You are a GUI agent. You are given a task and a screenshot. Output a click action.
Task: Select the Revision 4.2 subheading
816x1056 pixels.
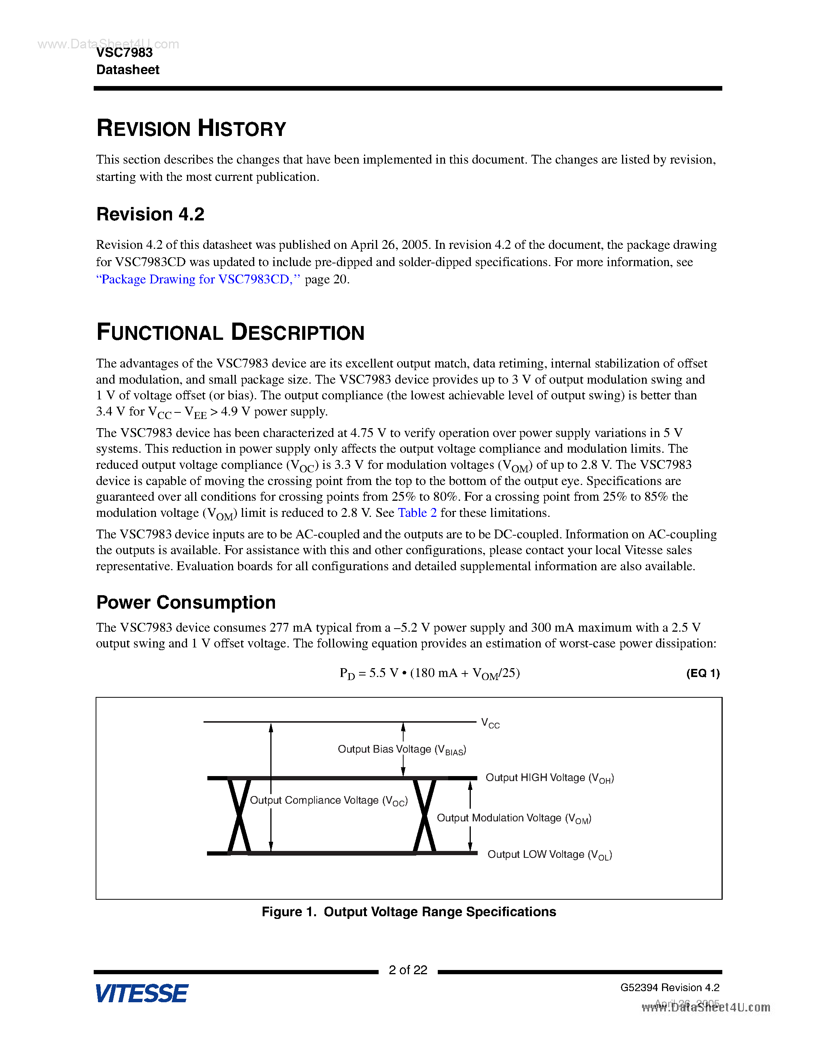151,214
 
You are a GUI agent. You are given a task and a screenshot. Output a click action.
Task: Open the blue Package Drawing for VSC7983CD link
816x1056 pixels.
198,280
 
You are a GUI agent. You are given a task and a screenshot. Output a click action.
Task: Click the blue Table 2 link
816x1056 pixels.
417,513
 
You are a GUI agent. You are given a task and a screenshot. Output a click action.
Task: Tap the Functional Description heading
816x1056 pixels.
230,333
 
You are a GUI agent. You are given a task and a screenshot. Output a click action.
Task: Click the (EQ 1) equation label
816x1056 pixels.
702,673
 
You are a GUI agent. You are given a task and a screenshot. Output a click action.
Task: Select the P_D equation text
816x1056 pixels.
429,673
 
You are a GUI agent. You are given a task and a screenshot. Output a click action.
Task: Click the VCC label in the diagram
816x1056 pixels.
490,724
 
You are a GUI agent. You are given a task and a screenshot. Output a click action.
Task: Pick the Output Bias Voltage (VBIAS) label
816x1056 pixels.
401,750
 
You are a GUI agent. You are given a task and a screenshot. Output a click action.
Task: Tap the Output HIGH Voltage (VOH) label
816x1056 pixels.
549,778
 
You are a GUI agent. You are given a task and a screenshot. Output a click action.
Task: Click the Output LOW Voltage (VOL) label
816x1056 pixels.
549,854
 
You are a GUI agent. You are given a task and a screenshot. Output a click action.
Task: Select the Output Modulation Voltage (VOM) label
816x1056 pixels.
513,818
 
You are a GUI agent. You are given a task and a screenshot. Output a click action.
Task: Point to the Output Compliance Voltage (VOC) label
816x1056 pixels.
328,801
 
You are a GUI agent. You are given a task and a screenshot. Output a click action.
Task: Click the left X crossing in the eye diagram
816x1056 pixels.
239,816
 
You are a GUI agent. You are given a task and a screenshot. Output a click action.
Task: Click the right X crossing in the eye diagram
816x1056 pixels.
424,816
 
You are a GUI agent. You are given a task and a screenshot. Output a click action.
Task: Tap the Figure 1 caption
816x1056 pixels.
409,912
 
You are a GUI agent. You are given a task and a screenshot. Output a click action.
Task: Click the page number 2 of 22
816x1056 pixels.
408,970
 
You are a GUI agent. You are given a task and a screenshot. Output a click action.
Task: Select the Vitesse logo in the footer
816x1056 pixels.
142,994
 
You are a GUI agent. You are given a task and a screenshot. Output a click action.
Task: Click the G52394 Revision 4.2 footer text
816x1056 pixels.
670,987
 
